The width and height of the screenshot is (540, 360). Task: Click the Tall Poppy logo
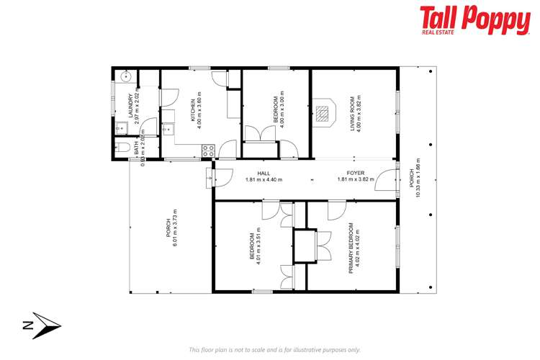[x=474, y=22]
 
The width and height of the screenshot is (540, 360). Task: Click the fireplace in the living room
[x=324, y=113]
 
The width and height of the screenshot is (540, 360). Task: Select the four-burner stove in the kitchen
[x=208, y=150]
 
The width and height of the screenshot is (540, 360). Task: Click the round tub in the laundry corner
[x=125, y=76]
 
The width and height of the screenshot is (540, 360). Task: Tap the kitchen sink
[x=167, y=130]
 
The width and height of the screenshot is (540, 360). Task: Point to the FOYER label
[x=355, y=173]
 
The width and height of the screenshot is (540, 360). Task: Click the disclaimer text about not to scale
[x=274, y=349]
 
